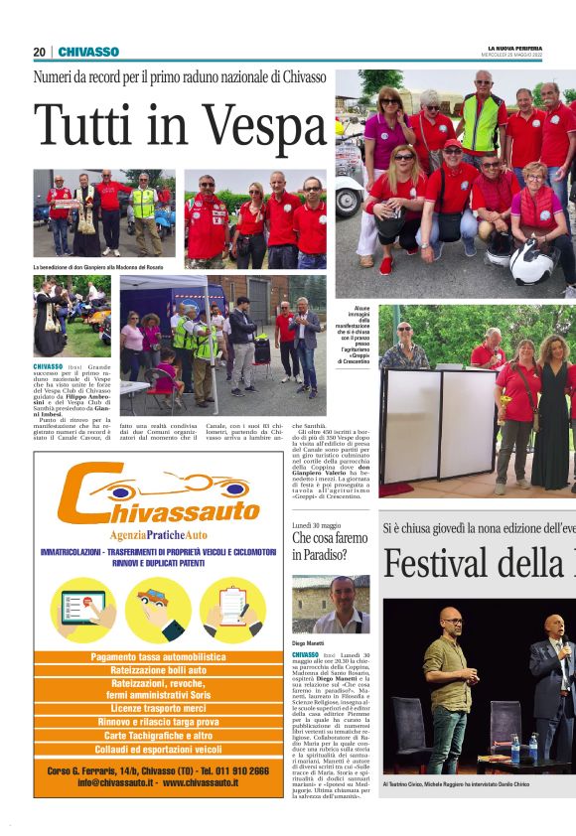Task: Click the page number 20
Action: tap(39, 52)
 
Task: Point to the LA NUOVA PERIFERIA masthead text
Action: tap(514, 48)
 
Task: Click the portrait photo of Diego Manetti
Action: tap(331, 605)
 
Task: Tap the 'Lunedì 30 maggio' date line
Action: tap(317, 524)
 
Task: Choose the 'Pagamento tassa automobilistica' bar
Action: tap(159, 657)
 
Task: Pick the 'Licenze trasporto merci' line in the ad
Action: tap(159, 708)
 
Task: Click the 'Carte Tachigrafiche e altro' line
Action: tap(159, 736)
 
